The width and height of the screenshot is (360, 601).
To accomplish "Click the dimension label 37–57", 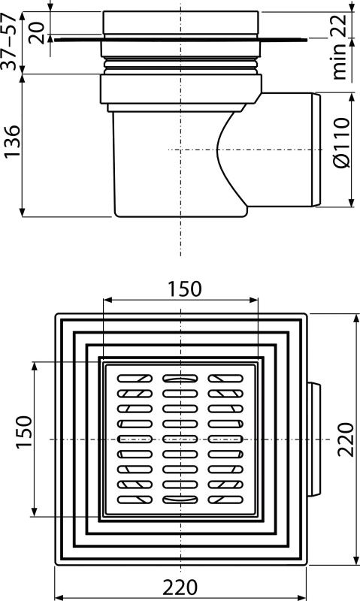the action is [x=9, y=41].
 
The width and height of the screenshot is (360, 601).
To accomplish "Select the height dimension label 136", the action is [x=12, y=140].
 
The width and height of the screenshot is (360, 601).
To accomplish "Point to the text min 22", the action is [x=338, y=46].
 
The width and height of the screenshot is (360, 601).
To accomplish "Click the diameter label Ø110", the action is [x=342, y=143].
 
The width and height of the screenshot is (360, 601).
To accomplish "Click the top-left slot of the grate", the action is [x=135, y=379].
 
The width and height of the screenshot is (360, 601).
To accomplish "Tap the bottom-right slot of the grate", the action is [x=225, y=500].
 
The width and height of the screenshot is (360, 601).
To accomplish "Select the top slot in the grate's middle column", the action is [x=180, y=379].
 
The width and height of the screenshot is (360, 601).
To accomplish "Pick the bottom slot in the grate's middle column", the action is [x=180, y=500].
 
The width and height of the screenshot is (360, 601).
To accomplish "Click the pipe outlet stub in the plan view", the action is [x=314, y=439].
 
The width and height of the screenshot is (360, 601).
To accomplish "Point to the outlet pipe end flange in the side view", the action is [x=316, y=149].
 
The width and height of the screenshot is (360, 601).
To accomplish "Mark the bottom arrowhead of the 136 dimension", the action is [x=23, y=212].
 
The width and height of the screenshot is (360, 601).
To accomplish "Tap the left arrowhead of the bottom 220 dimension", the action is [x=60, y=597].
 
